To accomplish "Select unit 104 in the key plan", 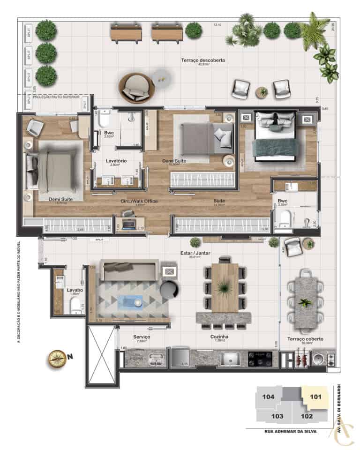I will pos(268,397).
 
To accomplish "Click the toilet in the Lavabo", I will pos(75,306).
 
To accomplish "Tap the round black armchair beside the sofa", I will pos(169,290).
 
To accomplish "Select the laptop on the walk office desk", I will pos(128,214).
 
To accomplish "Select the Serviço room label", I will pos(142,337).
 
